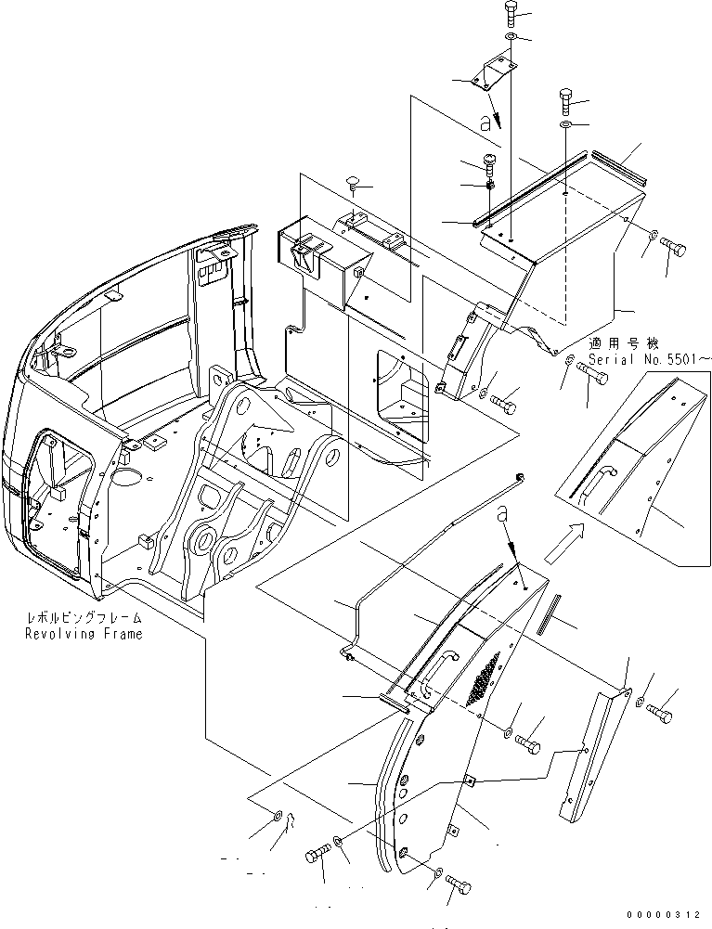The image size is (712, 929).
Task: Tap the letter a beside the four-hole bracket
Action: pos(484,122)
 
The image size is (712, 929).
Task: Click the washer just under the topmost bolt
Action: pos(511,38)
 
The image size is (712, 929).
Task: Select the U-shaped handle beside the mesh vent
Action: pos(438,670)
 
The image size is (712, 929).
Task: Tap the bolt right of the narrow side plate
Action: pos(660,715)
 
